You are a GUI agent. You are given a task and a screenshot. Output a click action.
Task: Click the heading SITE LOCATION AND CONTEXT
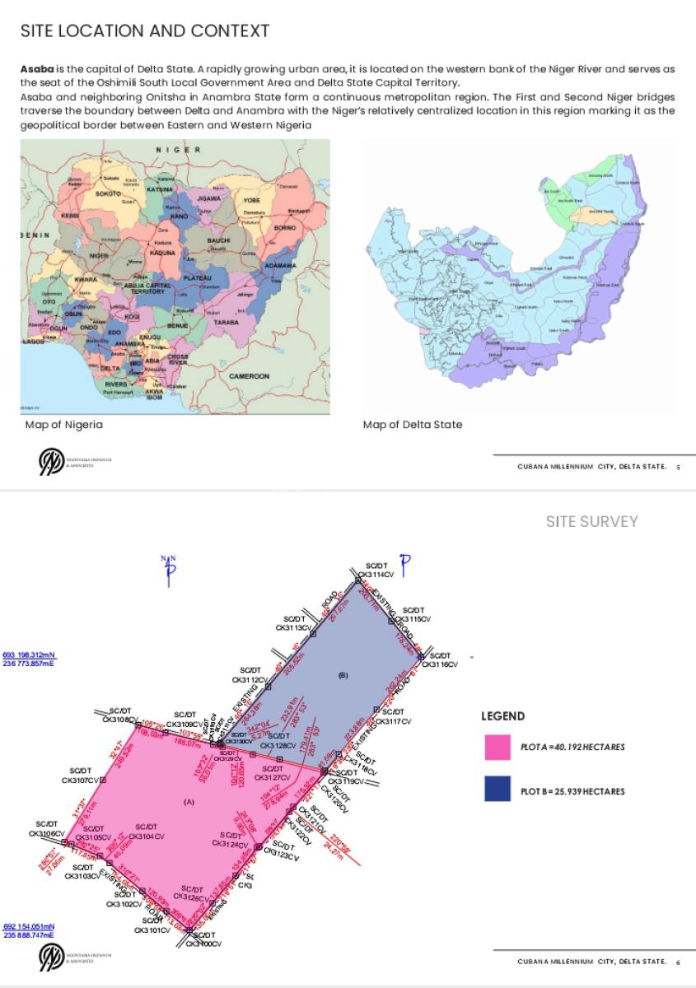[144, 31]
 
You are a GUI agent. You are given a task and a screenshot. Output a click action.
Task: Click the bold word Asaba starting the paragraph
[35, 68]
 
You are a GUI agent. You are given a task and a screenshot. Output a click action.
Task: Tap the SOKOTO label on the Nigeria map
[108, 193]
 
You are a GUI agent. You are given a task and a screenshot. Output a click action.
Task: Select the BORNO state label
[284, 226]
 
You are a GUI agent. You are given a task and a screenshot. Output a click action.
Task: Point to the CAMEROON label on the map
[249, 376]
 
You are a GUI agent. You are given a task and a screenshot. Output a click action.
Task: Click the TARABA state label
[225, 322]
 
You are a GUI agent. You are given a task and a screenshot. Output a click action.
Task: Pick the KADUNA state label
[161, 253]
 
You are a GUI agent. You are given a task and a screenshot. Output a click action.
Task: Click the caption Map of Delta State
[412, 425]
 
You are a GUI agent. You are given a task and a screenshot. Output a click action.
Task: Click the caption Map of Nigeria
[63, 425]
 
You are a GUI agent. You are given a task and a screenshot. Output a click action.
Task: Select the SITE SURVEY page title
[591, 521]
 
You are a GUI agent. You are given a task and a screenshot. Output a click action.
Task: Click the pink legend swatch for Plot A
[497, 747]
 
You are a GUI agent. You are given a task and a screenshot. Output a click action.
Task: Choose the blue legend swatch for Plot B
[497, 790]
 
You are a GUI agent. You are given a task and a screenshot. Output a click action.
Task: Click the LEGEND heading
[502, 716]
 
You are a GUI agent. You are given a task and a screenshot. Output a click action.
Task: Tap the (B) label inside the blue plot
[343, 675]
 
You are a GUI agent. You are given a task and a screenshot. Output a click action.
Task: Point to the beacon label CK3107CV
[80, 779]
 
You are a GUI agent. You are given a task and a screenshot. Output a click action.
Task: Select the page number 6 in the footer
[677, 961]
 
